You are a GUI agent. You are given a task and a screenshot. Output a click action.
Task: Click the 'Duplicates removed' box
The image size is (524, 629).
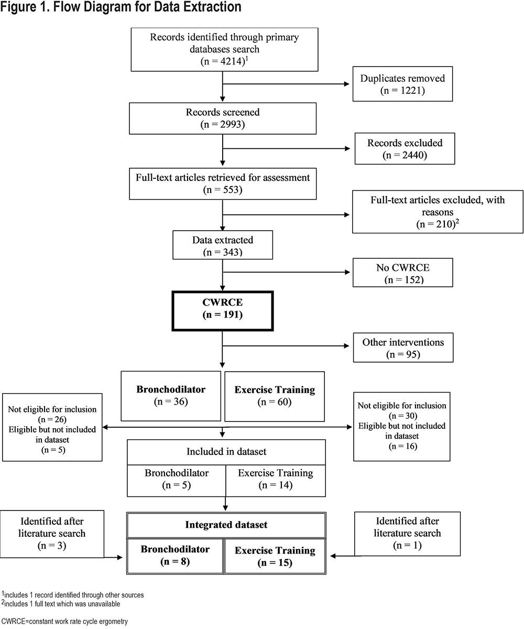click(x=402, y=84)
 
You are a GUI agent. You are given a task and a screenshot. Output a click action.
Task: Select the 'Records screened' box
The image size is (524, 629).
click(x=223, y=118)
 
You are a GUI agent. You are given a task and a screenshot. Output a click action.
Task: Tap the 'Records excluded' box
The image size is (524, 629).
click(x=405, y=148)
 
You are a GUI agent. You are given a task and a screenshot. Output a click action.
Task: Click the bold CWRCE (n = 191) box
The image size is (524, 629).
click(x=223, y=311)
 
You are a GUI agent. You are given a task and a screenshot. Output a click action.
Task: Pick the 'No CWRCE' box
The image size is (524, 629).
click(x=402, y=273)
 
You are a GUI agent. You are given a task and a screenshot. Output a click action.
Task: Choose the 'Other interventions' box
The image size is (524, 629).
click(x=403, y=348)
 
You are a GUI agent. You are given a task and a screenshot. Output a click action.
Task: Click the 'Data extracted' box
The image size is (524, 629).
click(x=223, y=245)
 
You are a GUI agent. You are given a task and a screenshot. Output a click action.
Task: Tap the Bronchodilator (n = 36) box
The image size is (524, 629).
click(x=171, y=396)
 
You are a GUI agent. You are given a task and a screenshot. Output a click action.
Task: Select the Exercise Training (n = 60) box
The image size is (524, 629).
click(x=275, y=396)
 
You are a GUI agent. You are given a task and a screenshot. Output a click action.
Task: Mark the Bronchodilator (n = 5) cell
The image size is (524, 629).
click(x=177, y=481)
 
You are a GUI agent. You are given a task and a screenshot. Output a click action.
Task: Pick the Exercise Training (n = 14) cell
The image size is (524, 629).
click(x=276, y=481)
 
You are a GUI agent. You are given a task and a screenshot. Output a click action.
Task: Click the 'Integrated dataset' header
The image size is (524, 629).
click(x=226, y=525)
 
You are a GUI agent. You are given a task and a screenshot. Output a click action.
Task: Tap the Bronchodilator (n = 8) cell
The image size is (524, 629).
click(x=175, y=556)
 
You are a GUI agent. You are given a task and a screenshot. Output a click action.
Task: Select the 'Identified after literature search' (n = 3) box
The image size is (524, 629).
click(x=52, y=534)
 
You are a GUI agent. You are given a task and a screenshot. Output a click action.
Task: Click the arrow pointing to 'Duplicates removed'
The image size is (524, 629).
click(x=286, y=84)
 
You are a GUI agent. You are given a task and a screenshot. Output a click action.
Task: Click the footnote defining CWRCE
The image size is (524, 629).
click(x=64, y=622)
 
